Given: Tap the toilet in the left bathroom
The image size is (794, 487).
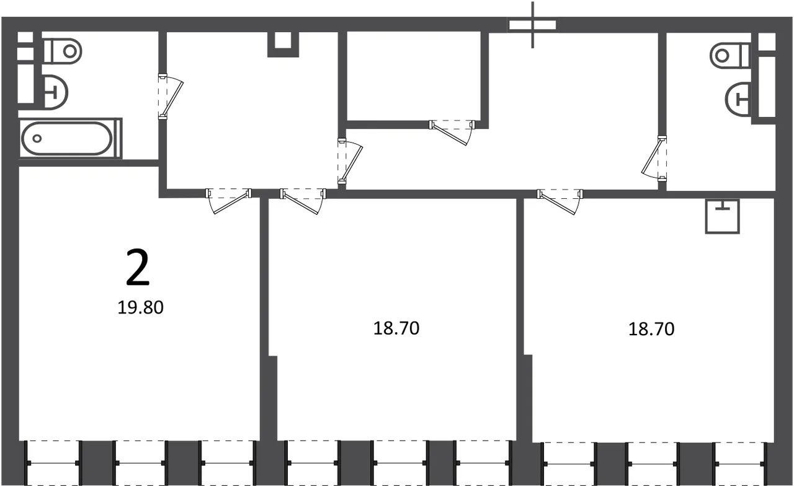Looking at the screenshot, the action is pos(63,51).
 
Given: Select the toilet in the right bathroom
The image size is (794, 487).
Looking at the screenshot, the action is pos(730,55).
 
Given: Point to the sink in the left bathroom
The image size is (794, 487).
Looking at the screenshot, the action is pos(56,92).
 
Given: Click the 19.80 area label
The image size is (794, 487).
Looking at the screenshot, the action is pos(140,307).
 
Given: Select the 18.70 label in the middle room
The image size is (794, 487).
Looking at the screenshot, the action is pos(396,328).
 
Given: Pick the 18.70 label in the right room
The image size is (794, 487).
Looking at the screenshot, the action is pos(651,329).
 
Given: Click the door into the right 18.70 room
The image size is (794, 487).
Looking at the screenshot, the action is pos(560,202).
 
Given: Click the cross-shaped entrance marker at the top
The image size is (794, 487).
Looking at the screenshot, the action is pos(532,25).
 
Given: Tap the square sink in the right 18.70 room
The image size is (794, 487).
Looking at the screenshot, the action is pos(723,216).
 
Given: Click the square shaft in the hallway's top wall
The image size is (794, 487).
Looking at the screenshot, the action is pos(283,44).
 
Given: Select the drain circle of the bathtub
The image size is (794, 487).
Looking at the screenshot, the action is pos(37,138).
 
